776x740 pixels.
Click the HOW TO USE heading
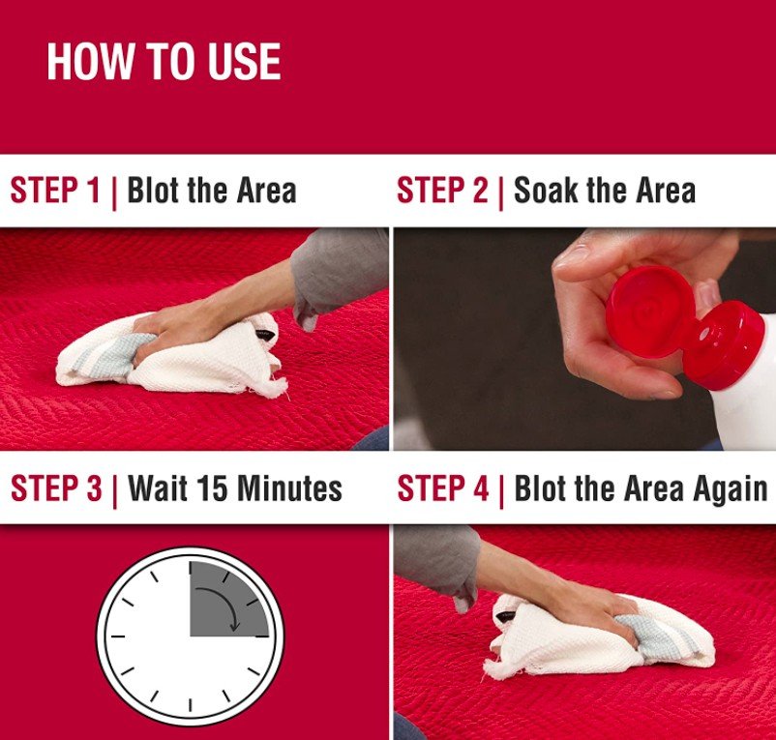pyautogui.click(x=164, y=61)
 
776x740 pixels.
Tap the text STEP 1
pyautogui.click(x=55, y=190)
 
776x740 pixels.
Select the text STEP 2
pyautogui.click(x=442, y=190)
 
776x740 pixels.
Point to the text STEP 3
pyautogui.click(x=56, y=488)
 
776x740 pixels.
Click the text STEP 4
pyautogui.click(x=443, y=488)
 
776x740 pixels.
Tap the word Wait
pyautogui.click(x=158, y=488)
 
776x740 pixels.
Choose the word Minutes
pyautogui.click(x=289, y=488)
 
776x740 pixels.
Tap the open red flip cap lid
pyautogui.click(x=649, y=311)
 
